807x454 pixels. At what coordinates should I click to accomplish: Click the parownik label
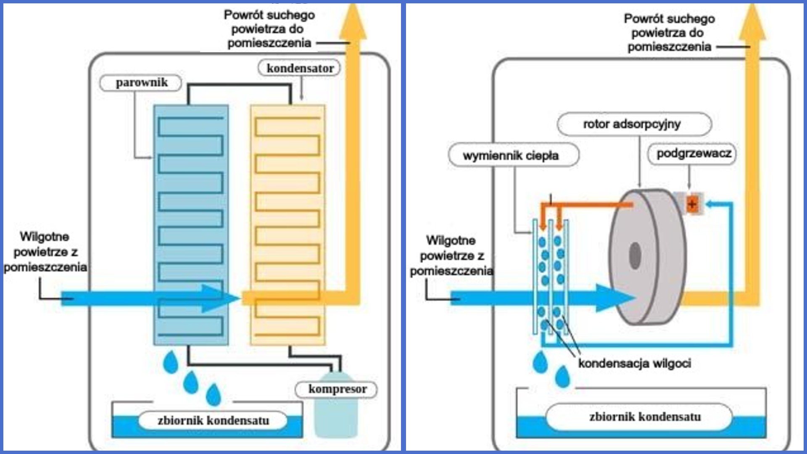(141, 83)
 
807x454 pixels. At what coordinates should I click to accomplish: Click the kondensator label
(300, 68)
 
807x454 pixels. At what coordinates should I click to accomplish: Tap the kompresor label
(337, 389)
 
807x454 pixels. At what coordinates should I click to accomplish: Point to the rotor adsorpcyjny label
(633, 124)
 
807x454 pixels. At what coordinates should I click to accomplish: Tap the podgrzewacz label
(694, 153)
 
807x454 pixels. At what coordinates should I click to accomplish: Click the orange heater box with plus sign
(692, 204)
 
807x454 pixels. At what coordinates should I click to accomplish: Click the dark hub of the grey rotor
(635, 254)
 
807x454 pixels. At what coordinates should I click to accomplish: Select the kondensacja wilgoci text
(635, 363)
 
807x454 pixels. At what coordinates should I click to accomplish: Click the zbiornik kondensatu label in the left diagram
(213, 420)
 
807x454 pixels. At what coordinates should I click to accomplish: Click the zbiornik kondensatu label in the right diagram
(644, 417)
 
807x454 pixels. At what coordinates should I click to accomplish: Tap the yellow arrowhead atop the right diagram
(752, 23)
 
